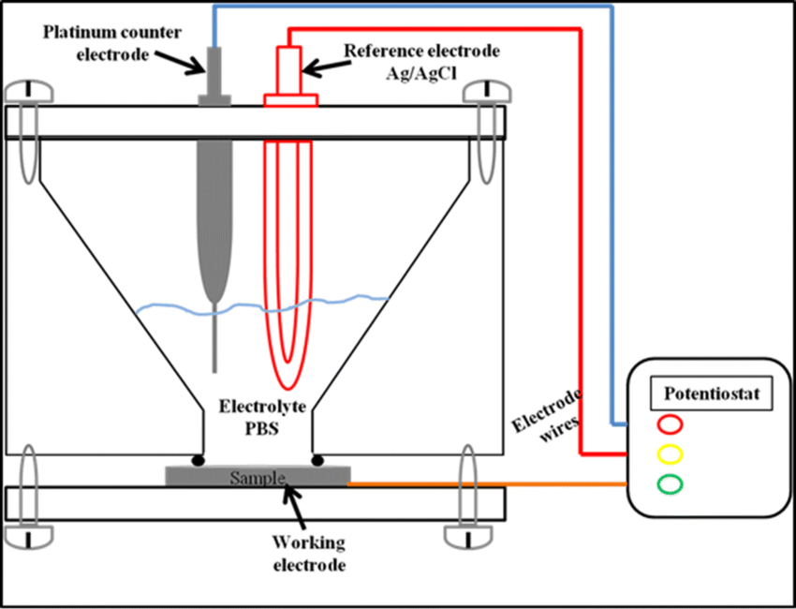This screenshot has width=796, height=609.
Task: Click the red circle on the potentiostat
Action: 671,424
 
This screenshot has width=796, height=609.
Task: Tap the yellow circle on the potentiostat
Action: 671,454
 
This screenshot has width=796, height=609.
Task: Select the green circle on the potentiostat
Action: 671,484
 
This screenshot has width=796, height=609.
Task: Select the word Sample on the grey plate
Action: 258,479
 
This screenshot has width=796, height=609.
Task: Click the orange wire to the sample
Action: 487,484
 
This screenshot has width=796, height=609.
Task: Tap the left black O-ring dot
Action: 199,460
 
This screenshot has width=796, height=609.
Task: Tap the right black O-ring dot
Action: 318,460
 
